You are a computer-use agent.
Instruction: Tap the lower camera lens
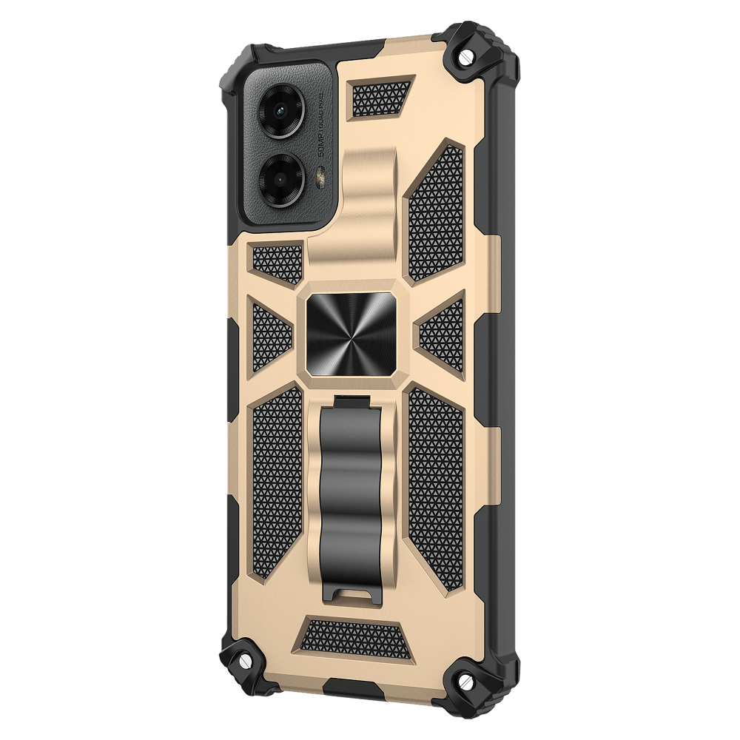pos(283,178)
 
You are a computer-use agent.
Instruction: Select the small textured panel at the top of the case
pos(380,98)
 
